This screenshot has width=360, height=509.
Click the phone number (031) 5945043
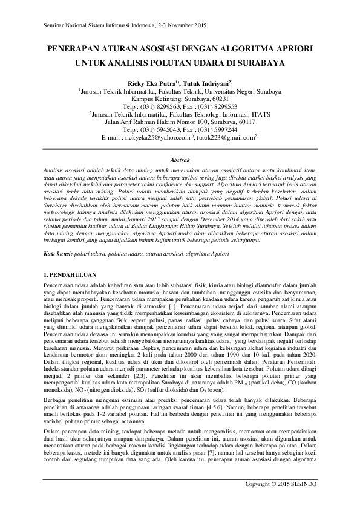point(160,129)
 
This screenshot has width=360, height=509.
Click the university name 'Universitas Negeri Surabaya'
point(243,90)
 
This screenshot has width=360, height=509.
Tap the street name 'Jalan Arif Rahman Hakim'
point(142,122)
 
